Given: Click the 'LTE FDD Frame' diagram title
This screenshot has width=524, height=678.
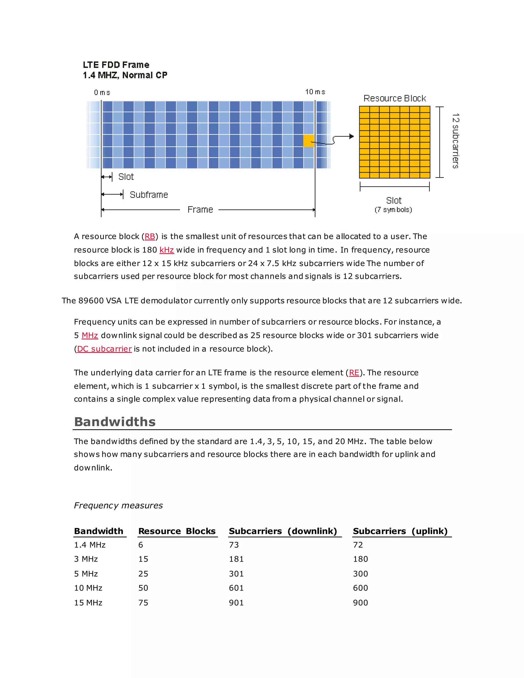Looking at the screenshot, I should point(116,65).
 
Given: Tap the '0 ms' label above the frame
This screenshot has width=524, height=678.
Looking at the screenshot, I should point(102,93).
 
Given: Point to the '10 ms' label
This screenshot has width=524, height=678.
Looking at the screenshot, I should point(315,92).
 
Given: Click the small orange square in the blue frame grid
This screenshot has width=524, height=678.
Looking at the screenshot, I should point(308,140).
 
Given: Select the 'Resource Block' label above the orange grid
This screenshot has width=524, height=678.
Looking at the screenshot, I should point(395,99).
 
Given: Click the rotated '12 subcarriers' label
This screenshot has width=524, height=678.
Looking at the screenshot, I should point(455,141).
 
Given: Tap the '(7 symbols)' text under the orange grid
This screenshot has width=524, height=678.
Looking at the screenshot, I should point(393,210).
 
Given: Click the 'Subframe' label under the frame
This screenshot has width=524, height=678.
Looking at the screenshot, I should point(149,195).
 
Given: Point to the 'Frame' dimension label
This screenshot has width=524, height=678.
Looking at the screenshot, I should point(200,210).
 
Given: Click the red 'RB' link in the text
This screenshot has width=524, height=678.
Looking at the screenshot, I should point(150,237).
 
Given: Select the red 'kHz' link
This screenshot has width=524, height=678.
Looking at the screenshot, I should point(166,250).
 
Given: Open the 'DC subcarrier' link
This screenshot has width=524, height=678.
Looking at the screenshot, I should point(104,349).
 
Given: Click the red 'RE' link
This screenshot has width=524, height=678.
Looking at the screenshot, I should point(354,373).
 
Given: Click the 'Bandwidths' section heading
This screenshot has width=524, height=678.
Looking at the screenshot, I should point(115,422).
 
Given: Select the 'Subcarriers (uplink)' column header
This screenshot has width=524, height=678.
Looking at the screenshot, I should point(400,531).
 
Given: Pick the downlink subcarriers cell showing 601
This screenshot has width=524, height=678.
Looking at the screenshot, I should point(236,588).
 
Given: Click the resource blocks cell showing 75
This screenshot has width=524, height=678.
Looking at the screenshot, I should point(143,603).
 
